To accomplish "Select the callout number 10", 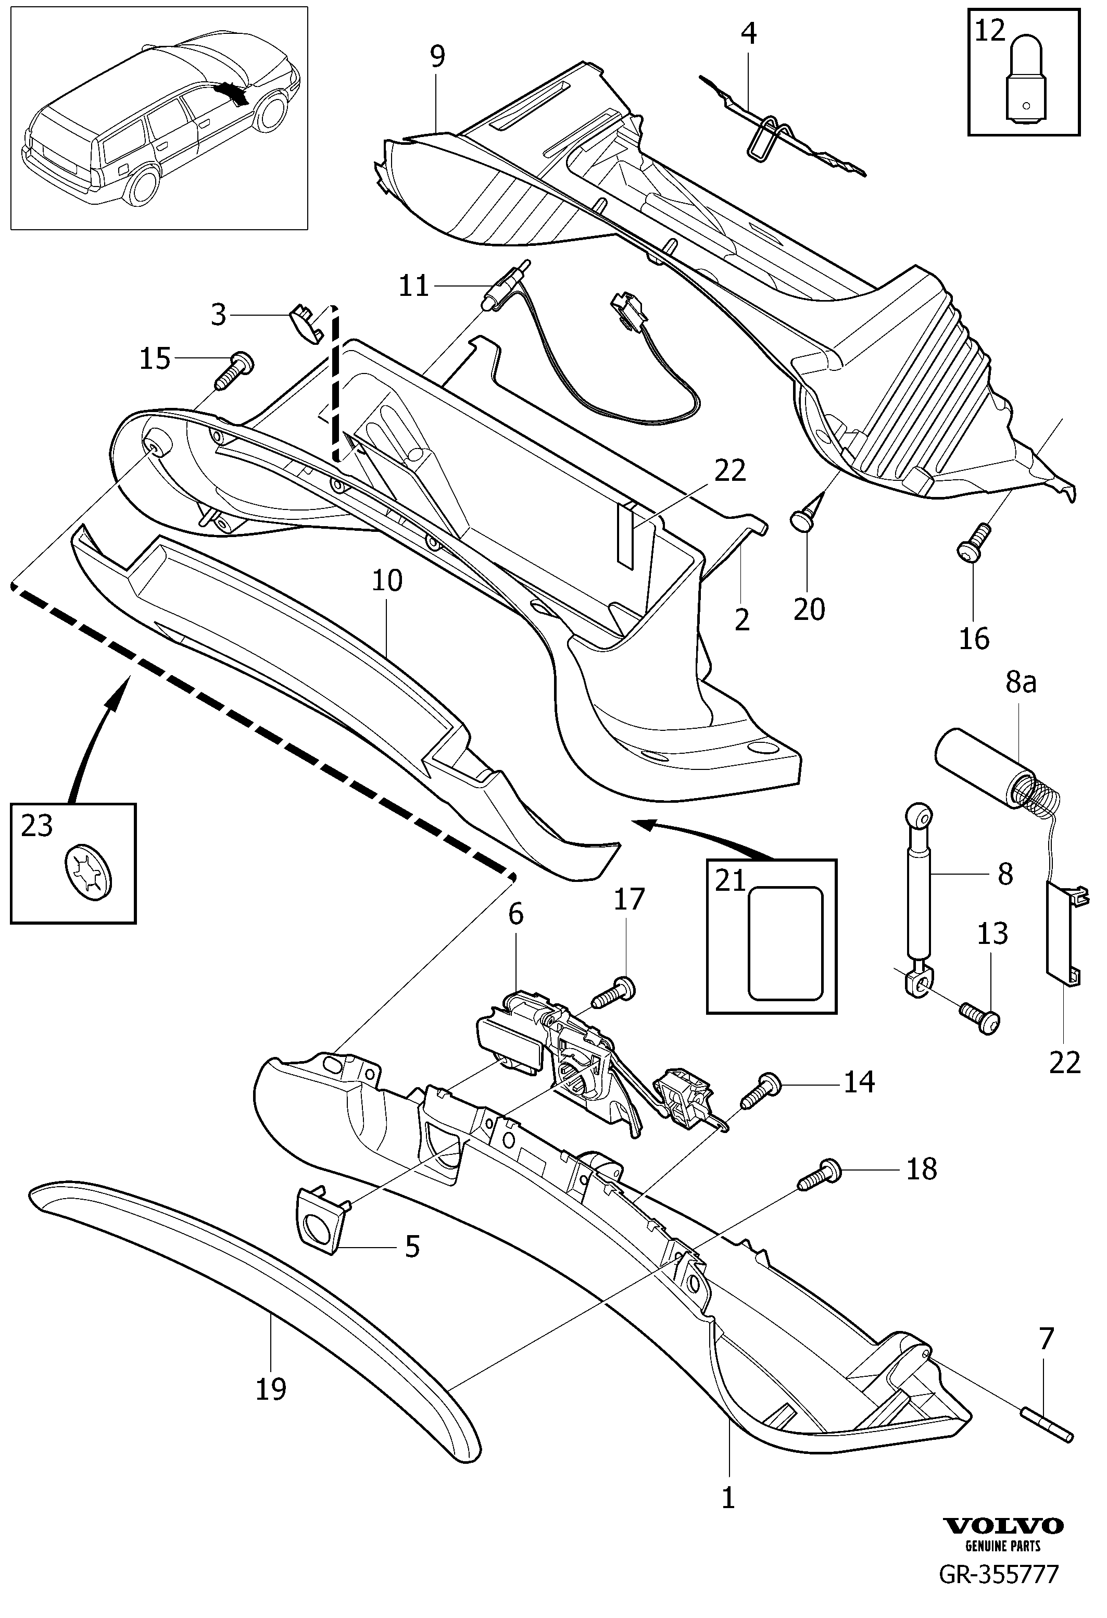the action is pos(387,580).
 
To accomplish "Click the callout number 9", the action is pos(437,56).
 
